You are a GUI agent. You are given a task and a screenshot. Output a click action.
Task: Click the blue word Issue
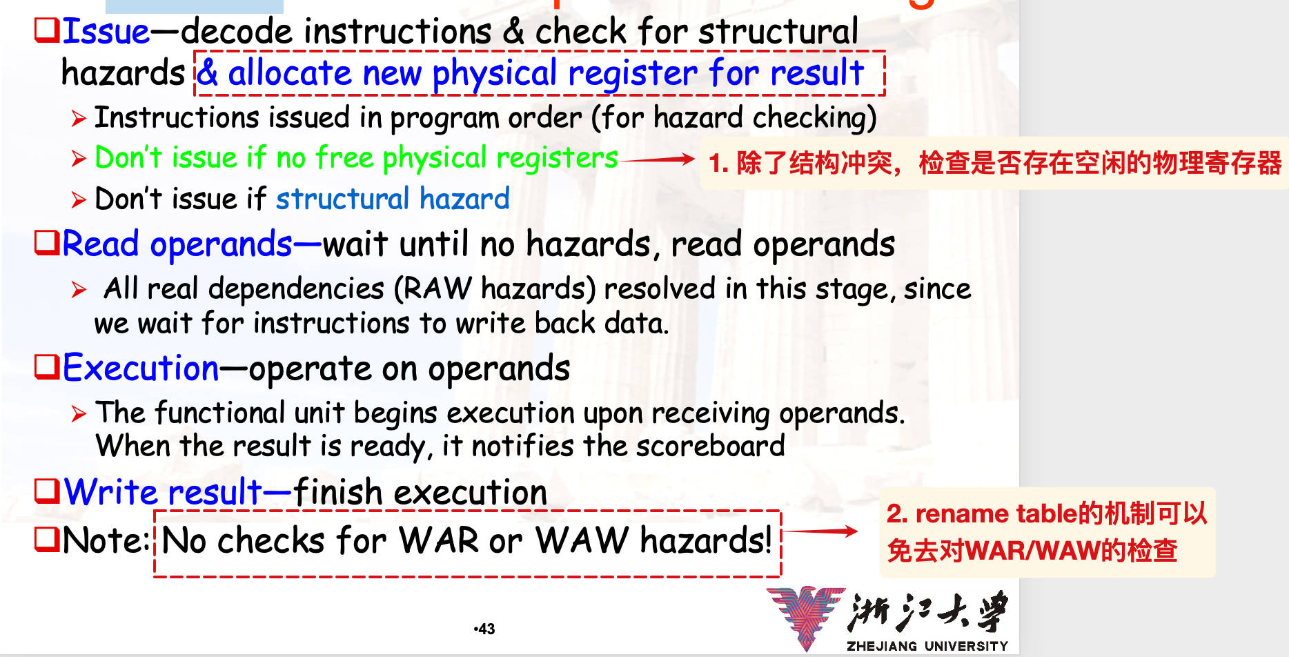pyautogui.click(x=106, y=32)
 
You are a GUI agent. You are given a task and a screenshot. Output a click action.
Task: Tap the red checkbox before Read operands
pyautogui.click(x=47, y=242)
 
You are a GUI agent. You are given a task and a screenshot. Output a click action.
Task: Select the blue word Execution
pyautogui.click(x=141, y=367)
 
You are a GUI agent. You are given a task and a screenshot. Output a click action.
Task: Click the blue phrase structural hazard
pyautogui.click(x=393, y=199)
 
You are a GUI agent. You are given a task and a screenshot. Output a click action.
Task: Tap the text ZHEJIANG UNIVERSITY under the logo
pyautogui.click(x=927, y=646)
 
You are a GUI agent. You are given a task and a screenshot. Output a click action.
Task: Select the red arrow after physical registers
pyautogui.click(x=658, y=159)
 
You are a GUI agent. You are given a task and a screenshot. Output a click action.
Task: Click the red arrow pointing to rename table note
pyautogui.click(x=820, y=531)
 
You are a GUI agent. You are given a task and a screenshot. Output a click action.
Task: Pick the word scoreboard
pyautogui.click(x=710, y=446)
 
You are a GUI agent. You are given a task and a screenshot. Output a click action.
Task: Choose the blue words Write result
pyautogui.click(x=163, y=493)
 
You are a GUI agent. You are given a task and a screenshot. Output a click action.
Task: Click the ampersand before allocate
pyautogui.click(x=208, y=72)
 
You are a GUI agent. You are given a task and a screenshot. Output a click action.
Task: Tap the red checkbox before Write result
pyautogui.click(x=47, y=491)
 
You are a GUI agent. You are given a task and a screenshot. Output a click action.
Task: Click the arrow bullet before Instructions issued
pyautogui.click(x=79, y=119)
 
